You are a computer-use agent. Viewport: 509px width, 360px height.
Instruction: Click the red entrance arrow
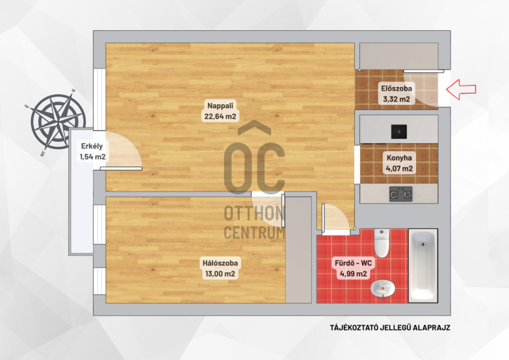[461, 89]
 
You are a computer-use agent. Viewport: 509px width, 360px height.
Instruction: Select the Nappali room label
[220, 106]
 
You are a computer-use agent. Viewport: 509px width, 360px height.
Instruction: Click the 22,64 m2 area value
[220, 116]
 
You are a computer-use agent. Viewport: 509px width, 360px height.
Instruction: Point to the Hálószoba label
[220, 263]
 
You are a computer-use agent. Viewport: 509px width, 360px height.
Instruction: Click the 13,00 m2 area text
[220, 274]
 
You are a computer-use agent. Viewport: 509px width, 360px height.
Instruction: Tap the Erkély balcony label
[92, 146]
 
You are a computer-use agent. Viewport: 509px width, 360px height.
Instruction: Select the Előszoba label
[397, 89]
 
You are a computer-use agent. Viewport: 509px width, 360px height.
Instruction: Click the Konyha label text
[399, 158]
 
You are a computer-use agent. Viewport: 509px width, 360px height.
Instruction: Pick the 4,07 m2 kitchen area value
[399, 168]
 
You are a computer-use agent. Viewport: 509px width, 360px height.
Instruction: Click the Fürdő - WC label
[353, 263]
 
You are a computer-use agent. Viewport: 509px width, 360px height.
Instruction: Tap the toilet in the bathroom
[382, 243]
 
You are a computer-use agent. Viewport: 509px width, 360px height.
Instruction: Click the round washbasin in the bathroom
[383, 289]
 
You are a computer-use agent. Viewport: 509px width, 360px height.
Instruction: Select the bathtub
[423, 266]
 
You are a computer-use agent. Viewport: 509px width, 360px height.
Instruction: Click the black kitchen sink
[399, 132]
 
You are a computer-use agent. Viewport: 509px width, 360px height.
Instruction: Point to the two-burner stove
[401, 194]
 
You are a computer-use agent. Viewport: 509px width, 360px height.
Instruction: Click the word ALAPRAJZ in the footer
[431, 328]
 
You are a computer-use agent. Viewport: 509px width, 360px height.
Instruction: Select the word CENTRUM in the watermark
[254, 233]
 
